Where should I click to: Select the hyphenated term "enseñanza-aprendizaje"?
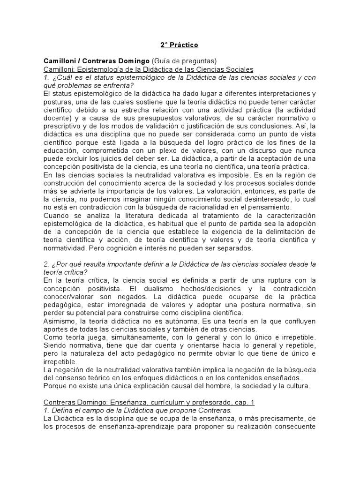point(128,427)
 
